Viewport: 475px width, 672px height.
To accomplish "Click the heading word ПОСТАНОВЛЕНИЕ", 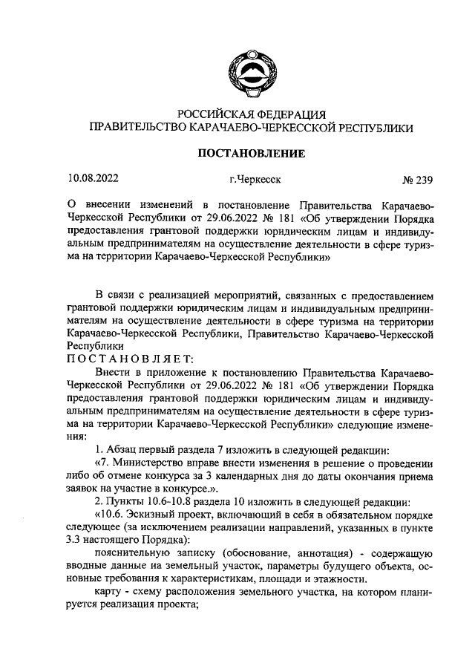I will pyautogui.click(x=250, y=154).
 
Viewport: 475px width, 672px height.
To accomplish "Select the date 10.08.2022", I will pyautogui.click(x=93, y=178).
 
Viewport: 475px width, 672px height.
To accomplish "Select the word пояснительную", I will pyautogui.click(x=132, y=555).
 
